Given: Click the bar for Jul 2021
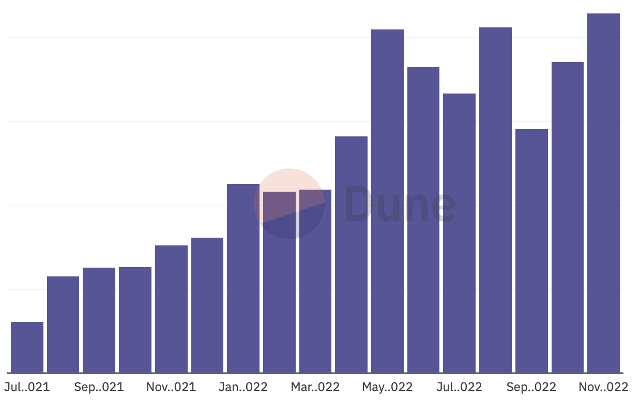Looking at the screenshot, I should tap(27, 347).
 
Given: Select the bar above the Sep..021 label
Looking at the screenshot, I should tap(99, 320).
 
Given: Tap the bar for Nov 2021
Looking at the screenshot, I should tap(171, 308).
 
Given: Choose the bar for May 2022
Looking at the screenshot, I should tap(387, 201).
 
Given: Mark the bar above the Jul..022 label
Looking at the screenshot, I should tap(459, 233).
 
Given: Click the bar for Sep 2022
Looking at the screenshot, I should tap(531, 251).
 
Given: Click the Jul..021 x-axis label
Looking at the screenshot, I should tap(27, 387).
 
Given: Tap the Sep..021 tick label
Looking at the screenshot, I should tap(99, 387).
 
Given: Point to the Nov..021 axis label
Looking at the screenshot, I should tap(171, 387).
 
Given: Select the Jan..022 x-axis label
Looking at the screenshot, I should tap(243, 387).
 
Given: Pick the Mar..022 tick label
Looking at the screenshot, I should tap(315, 387).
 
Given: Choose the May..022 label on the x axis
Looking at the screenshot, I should tap(387, 387).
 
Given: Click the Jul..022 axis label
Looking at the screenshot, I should tap(459, 387).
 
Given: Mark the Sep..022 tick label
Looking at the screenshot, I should tap(531, 387).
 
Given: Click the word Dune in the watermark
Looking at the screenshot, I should tap(400, 205).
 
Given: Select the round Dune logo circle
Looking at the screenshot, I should tap(289, 204).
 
